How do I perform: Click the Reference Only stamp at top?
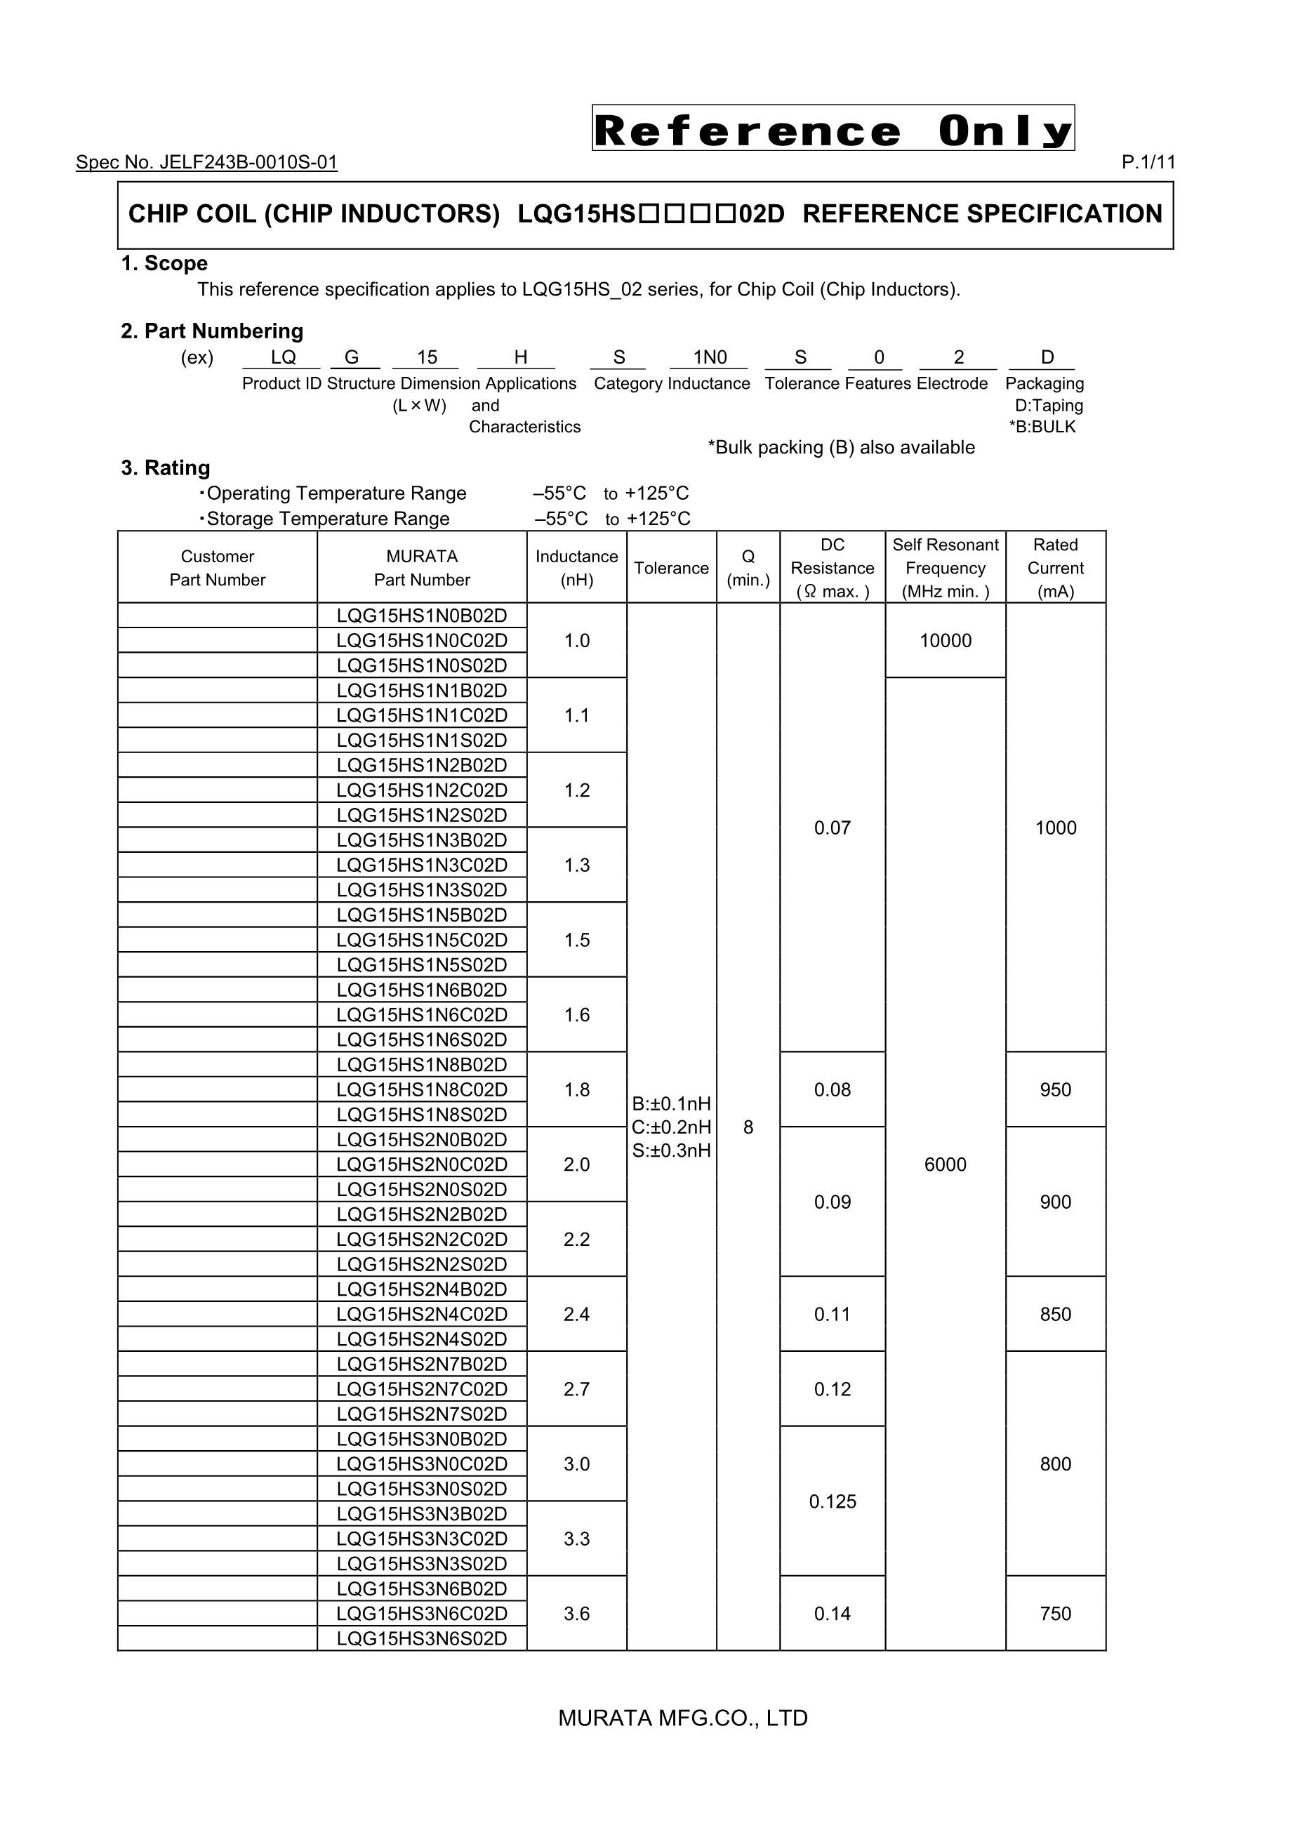click(833, 128)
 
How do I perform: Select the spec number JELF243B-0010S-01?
click(206, 163)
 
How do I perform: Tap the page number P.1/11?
click(1148, 163)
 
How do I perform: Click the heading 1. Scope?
click(164, 263)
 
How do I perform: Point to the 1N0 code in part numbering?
click(710, 357)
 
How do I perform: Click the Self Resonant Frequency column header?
click(945, 568)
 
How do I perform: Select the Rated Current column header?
click(1055, 568)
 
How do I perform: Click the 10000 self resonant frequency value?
click(945, 641)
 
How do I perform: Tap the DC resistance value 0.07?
click(833, 828)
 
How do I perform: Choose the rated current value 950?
click(1055, 1090)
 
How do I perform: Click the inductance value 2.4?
click(577, 1315)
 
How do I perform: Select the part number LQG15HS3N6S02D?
click(422, 1639)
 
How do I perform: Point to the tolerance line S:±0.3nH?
click(671, 1151)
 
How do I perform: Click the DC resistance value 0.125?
click(833, 1502)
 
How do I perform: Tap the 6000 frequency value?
click(945, 1164)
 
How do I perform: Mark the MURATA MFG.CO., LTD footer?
click(682, 1718)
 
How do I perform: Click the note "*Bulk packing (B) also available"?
click(841, 448)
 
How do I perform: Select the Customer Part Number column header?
click(217, 568)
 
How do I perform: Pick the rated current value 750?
click(1055, 1614)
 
